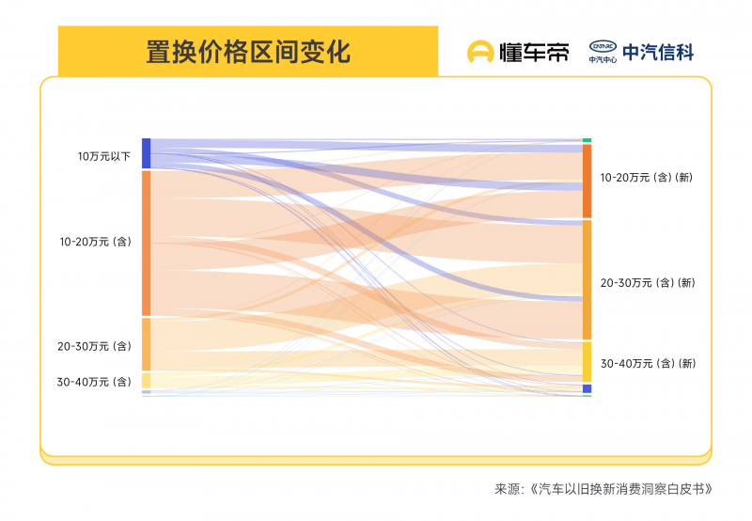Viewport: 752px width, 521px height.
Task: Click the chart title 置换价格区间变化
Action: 248,51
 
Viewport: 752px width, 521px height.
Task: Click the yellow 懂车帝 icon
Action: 481,52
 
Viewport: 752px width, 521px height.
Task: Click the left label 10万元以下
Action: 104,156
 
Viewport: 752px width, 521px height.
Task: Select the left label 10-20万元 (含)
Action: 95,242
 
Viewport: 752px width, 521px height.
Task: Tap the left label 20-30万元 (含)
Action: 94,346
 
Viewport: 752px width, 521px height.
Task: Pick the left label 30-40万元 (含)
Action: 94,382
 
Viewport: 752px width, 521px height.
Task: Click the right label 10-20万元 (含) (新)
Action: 647,177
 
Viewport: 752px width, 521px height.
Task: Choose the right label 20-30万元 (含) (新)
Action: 647,282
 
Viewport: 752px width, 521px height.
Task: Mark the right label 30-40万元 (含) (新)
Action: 647,363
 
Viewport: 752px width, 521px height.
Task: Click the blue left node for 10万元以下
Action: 146,153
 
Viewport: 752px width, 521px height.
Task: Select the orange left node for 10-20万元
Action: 146,243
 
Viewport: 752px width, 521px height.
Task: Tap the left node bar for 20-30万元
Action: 146,344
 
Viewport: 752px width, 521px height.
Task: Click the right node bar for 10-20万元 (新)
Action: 587,181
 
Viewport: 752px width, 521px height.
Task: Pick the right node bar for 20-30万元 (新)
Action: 587,279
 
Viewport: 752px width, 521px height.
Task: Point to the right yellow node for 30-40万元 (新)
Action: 587,361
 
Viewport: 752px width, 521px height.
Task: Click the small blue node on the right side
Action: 587,388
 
